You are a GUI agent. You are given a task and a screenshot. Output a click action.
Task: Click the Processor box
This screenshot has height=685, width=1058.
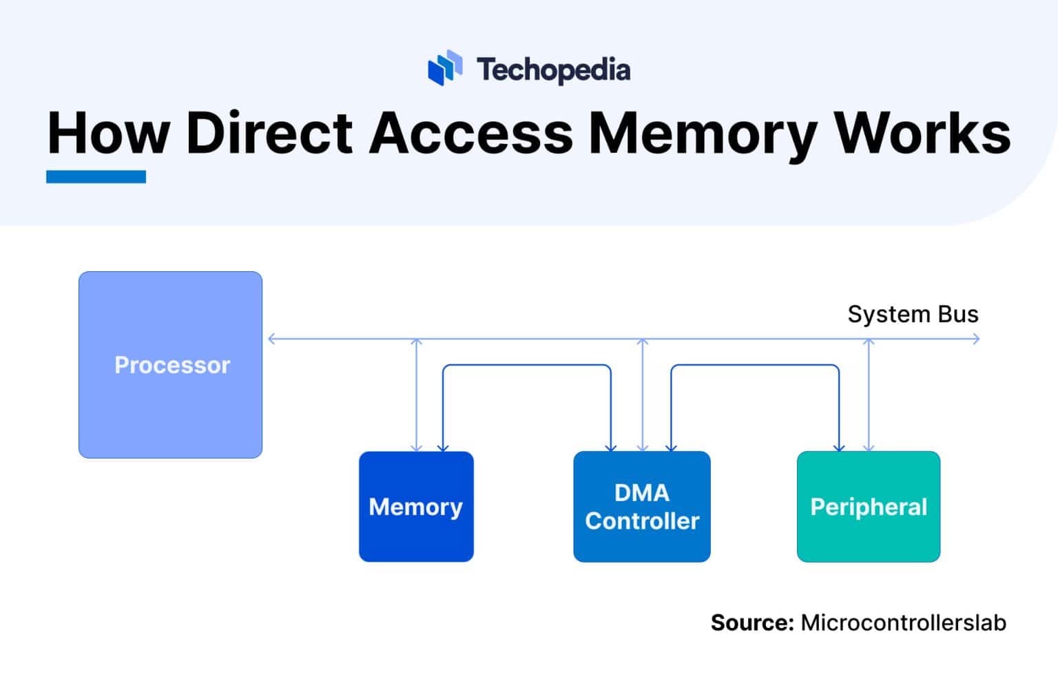point(170,364)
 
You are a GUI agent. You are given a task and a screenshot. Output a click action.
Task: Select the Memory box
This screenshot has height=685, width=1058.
point(416,506)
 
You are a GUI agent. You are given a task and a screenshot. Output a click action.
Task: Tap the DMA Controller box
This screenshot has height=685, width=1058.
point(641,506)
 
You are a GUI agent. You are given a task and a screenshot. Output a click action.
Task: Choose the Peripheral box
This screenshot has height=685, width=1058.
point(868,506)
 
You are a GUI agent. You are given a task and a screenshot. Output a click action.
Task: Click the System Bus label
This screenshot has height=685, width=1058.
point(912,314)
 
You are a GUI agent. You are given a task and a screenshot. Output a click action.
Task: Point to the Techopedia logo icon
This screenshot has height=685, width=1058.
point(445,68)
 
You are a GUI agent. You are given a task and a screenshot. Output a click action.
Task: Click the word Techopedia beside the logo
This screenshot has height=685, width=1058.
point(553,70)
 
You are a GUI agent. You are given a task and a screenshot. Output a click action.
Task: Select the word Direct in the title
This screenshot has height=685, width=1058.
point(269,132)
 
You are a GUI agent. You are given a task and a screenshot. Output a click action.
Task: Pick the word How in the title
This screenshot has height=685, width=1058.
point(108,132)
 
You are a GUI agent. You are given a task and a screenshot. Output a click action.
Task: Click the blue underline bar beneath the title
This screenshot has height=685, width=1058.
point(96,177)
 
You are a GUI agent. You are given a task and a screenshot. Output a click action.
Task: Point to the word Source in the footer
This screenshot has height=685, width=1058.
point(752,622)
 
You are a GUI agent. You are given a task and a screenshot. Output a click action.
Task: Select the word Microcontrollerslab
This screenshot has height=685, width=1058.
point(903,622)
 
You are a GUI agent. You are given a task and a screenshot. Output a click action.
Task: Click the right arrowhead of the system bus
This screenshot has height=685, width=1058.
point(975,339)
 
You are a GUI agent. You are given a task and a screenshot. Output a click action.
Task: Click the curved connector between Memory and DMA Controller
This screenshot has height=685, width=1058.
point(526,366)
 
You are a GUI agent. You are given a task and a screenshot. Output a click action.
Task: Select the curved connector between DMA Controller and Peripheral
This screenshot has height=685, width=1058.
point(755,366)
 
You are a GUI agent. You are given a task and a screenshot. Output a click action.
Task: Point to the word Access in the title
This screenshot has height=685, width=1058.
point(470,132)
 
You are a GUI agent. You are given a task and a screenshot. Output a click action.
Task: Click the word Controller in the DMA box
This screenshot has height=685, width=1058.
point(642,521)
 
